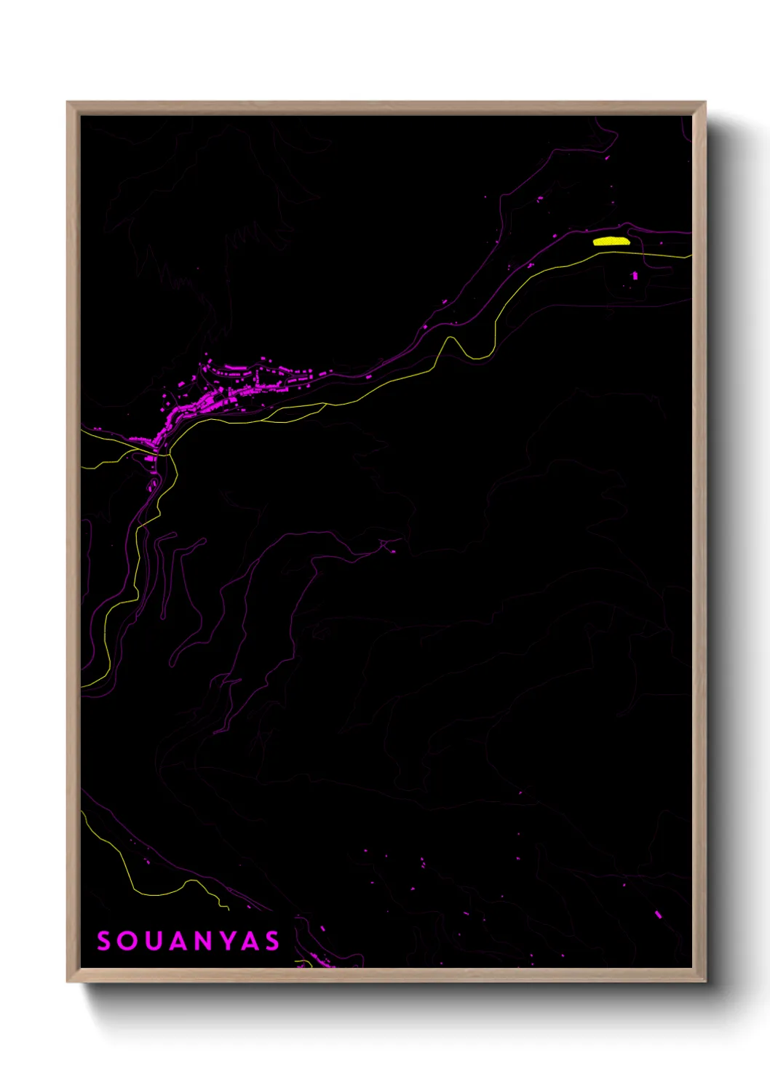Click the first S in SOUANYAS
pos(104,941)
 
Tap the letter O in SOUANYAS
pos(127,941)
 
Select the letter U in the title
pos(152,941)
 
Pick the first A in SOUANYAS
pos(178,941)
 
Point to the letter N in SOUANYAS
pos(203,941)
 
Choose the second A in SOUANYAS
pos(250,941)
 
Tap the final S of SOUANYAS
pos(272,941)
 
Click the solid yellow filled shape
pos(611,241)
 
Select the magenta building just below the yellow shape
pos(635,275)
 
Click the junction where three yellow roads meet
pos(169,455)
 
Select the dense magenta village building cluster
pos(218,397)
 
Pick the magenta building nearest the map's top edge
pos(608,157)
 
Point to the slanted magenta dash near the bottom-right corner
pos(658,915)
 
